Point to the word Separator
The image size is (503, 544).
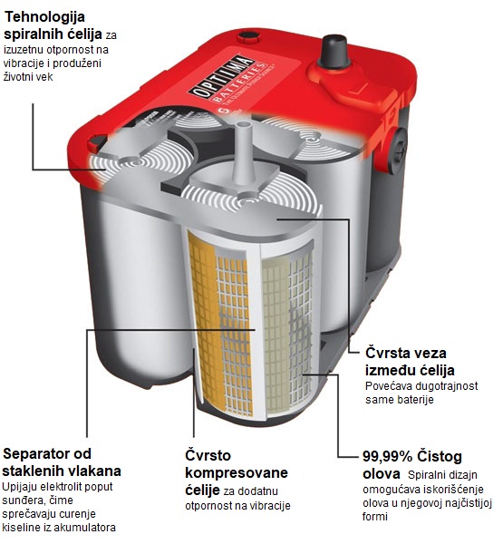[37, 453]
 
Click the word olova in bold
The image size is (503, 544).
[382, 474]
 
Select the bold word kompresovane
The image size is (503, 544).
[237, 472]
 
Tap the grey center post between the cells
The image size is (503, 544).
[243, 152]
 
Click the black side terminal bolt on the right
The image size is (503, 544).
[397, 147]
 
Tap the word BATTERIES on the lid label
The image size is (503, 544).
[239, 83]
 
